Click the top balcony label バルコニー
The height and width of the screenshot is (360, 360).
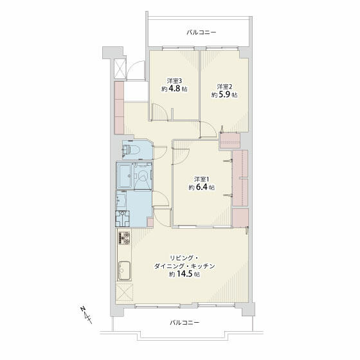click(201, 32)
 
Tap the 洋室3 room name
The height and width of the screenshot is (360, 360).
click(174, 81)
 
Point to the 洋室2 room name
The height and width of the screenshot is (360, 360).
click(224, 86)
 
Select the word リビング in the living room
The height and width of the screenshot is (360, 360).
click(166, 257)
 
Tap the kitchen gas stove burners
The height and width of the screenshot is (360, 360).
click(123, 240)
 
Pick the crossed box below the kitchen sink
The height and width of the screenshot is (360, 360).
click(124, 292)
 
